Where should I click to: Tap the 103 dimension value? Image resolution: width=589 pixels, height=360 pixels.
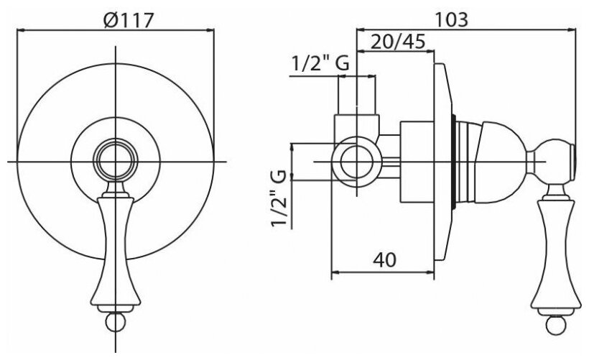click(452, 19)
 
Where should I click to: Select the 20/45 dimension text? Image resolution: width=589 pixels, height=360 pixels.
click(398, 42)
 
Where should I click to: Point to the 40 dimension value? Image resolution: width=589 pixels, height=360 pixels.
click(385, 259)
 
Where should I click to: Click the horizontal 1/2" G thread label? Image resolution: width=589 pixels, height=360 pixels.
click(320, 63)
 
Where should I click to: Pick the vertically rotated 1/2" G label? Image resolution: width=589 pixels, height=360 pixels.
click(279, 199)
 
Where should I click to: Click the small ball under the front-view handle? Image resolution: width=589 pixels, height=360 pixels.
click(116, 323)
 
